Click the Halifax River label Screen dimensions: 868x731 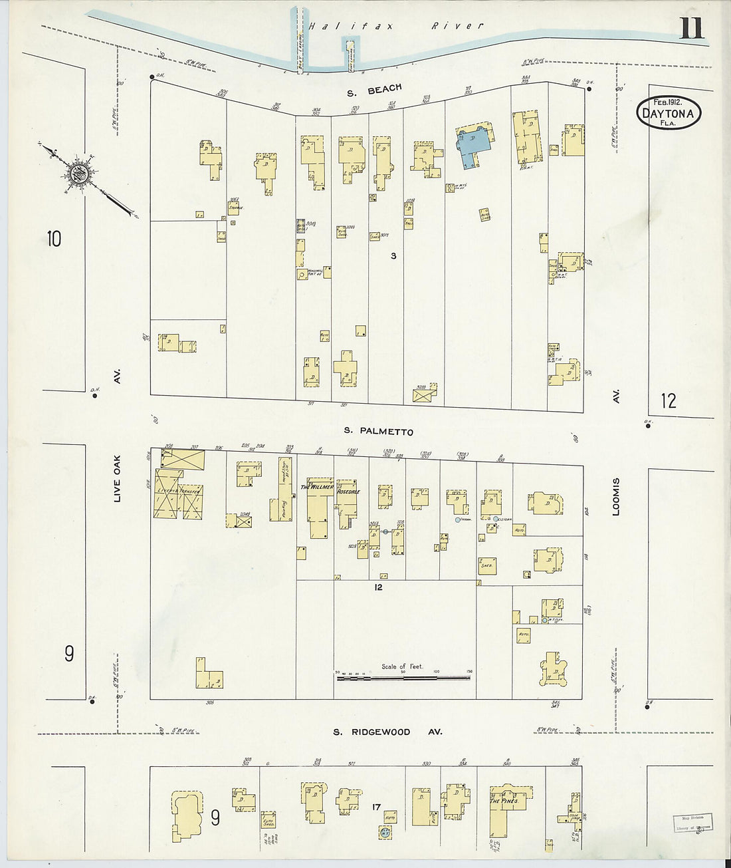(395, 27)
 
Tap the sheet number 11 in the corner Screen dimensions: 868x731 (690, 29)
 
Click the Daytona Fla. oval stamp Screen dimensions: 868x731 (668, 112)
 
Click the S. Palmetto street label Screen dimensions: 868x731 (378, 431)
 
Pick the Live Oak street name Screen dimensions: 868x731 (118, 478)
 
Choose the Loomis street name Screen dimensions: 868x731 (616, 496)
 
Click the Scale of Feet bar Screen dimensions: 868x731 (403, 678)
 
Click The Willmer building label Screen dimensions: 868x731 (316, 487)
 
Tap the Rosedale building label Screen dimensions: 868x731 (348, 492)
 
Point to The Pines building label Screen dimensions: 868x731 (504, 801)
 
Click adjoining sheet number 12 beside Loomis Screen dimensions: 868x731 (668, 400)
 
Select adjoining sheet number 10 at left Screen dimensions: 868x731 (54, 237)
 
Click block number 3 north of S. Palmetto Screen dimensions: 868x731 (393, 255)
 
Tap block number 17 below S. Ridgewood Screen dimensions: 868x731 (376, 807)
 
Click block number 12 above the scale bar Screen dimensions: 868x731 (378, 587)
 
